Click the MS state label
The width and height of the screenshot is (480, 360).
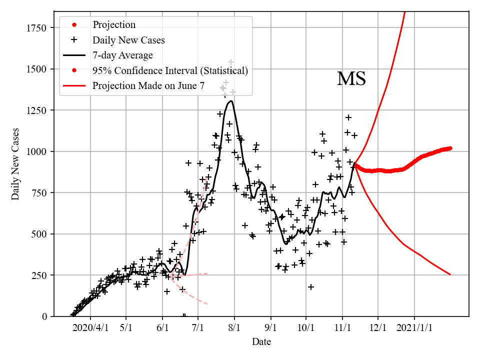pyautogui.click(x=351, y=79)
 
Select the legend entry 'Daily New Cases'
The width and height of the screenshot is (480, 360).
pyautogui.click(x=128, y=39)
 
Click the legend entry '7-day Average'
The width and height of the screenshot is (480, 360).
pyautogui.click(x=122, y=55)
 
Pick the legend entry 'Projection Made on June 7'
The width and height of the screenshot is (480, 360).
pyautogui.click(x=148, y=86)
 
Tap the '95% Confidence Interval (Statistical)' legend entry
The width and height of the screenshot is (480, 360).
pyautogui.click(x=170, y=70)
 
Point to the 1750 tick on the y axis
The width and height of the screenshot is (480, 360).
pyautogui.click(x=36, y=27)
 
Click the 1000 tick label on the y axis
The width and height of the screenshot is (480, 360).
pyautogui.click(x=36, y=151)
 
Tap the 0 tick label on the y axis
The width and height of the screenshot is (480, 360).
pyautogui.click(x=44, y=316)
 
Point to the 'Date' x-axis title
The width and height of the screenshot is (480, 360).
pyautogui.click(x=261, y=342)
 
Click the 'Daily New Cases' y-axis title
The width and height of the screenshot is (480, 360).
pyautogui.click(x=15, y=165)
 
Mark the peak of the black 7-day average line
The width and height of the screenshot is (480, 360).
pyautogui.click(x=230, y=101)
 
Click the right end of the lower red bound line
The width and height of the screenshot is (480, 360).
pyautogui.click(x=450, y=274)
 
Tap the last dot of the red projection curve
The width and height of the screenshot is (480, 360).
pyautogui.click(x=450, y=148)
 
